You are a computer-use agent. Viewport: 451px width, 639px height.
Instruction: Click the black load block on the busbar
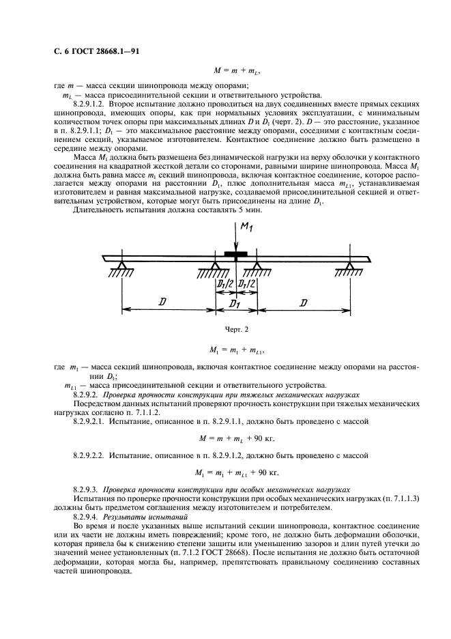tap(235, 257)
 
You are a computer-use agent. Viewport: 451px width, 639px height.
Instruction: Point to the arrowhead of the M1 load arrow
tap(235, 251)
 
